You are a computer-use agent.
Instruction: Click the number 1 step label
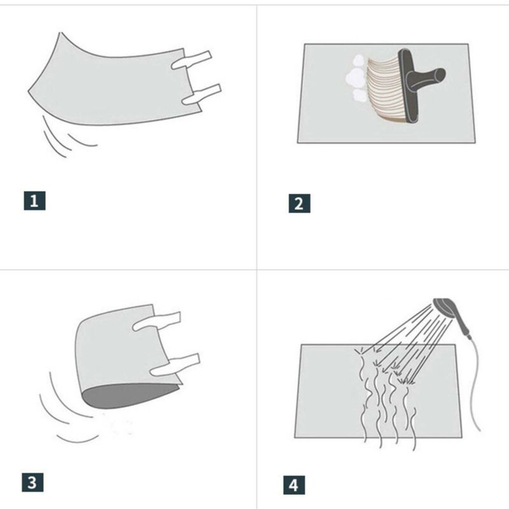(34, 200)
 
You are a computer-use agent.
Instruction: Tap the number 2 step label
(299, 204)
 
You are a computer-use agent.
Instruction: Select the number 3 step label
(32, 482)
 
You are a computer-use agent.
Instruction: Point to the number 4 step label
(294, 485)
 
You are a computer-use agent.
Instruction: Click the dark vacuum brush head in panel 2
(408, 86)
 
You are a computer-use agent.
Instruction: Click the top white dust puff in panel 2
(358, 60)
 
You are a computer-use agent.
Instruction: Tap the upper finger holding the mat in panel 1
(192, 60)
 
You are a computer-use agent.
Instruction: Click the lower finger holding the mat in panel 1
(201, 94)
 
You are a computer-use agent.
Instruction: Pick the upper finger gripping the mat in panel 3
(157, 321)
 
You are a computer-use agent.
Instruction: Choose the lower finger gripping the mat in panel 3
(176, 365)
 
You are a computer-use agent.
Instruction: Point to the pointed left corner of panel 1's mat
(29, 92)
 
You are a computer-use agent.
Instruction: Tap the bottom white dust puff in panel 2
(359, 95)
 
